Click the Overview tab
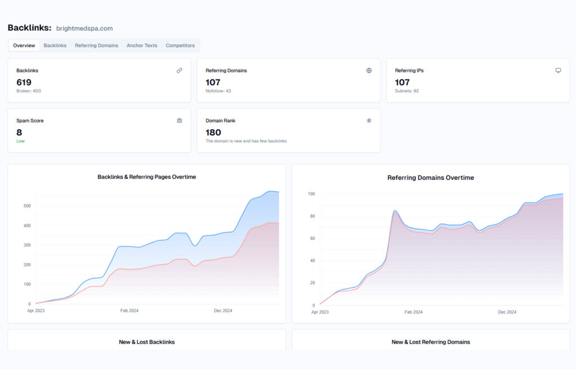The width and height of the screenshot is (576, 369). [24, 46]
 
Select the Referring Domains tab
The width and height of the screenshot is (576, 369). [96, 46]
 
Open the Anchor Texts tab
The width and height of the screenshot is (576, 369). [142, 46]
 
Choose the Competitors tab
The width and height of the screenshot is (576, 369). [180, 46]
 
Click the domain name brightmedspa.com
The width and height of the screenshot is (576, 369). [84, 28]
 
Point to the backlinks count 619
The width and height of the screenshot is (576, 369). [24, 82]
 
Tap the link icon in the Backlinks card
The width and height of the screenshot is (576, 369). [179, 70]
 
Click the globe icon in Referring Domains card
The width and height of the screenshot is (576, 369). [369, 70]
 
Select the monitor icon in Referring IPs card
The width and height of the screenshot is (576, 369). [558, 70]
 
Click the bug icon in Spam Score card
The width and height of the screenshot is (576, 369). [179, 120]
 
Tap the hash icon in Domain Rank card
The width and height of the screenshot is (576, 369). [369, 120]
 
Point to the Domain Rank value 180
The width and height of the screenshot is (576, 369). [213, 132]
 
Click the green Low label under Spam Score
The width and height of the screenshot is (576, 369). [20, 141]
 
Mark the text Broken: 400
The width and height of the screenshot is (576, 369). [29, 91]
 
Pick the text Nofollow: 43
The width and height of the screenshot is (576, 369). [218, 91]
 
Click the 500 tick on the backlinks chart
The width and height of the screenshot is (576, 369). [27, 206]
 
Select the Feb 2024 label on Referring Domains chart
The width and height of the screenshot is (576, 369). [414, 312]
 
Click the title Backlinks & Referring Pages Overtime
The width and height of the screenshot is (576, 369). [147, 177]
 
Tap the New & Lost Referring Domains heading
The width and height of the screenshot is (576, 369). [430, 342]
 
